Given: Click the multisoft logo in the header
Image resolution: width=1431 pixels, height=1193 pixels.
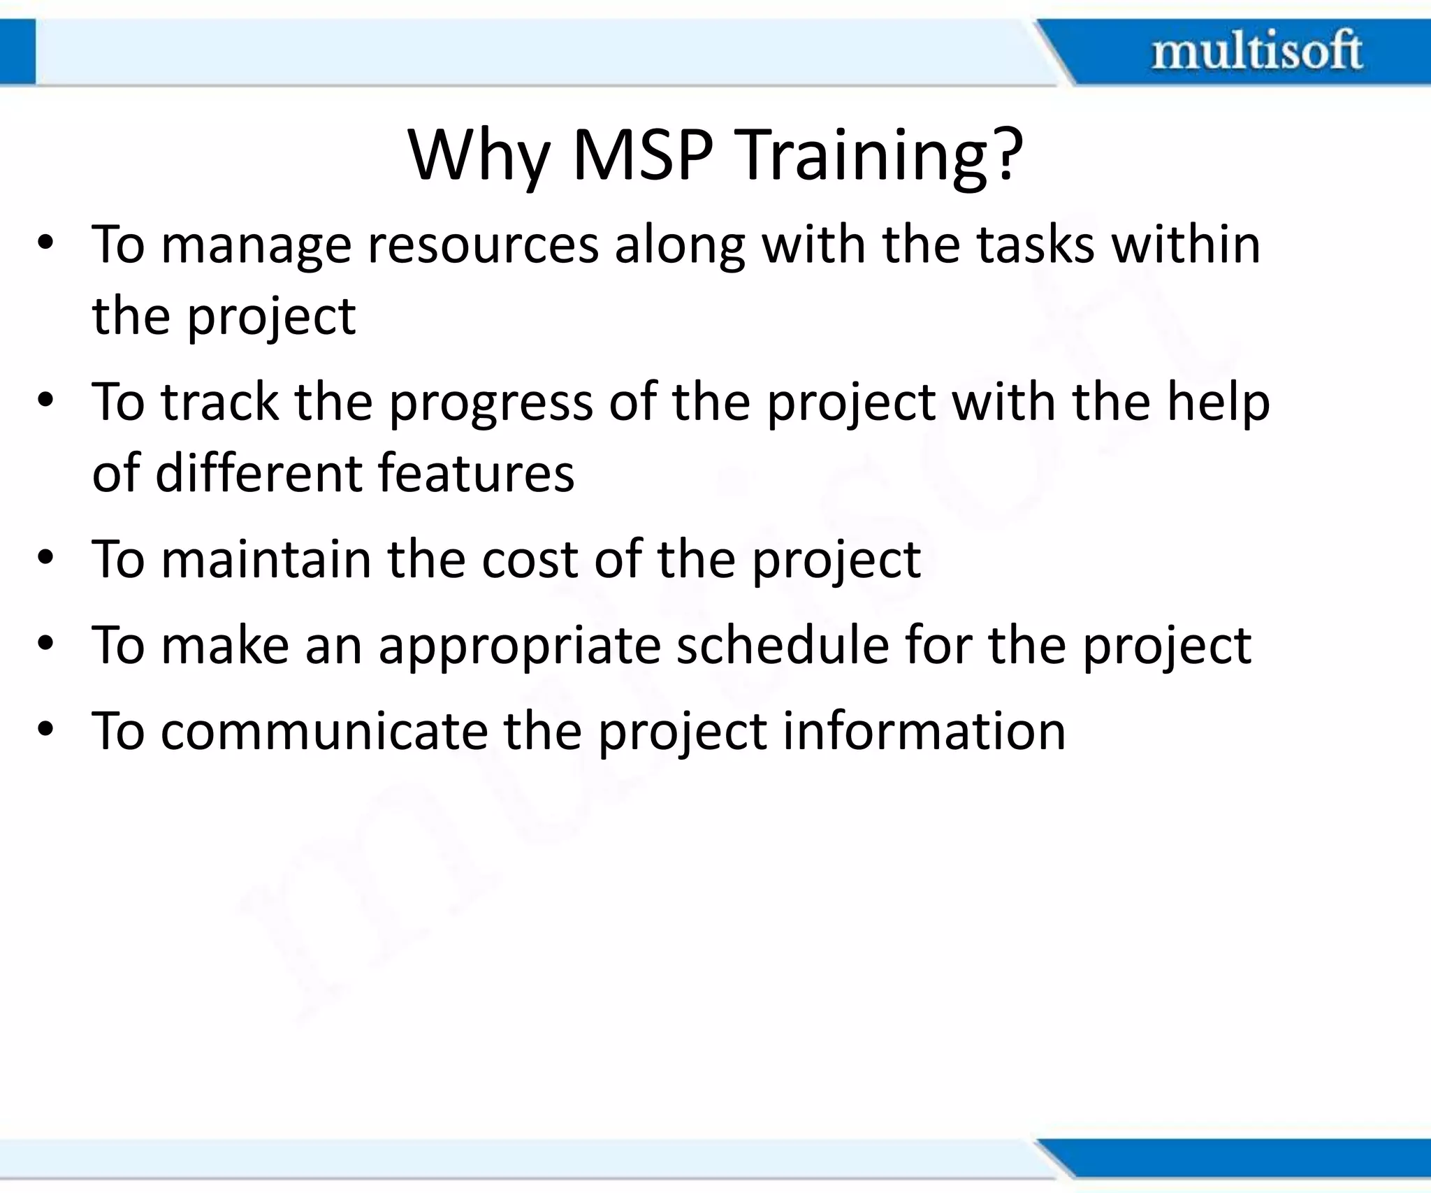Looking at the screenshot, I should click(1256, 51).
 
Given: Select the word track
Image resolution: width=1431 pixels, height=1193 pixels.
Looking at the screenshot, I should click(220, 403).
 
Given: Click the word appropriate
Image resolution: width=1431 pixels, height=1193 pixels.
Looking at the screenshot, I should click(519, 647).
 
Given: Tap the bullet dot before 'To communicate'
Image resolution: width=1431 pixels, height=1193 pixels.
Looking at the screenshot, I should click(46, 730).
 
